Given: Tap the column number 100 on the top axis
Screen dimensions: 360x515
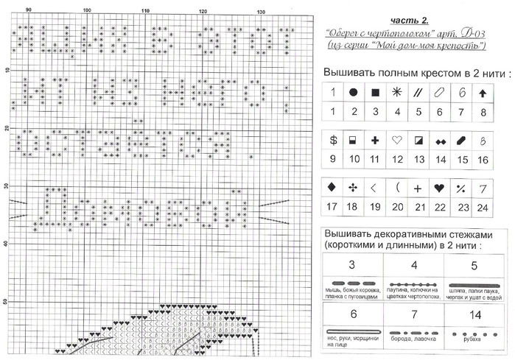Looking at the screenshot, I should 87,10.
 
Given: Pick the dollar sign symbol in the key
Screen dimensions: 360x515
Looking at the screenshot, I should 333,139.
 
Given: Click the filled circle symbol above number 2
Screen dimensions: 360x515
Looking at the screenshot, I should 354,93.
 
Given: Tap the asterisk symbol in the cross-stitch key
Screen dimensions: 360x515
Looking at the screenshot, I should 397,93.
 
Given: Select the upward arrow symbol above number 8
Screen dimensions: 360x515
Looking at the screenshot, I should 483,93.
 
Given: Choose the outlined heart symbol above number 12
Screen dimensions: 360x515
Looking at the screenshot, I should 397,139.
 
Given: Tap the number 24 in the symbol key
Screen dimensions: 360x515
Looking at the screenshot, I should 483,208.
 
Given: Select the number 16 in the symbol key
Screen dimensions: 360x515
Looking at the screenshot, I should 483,159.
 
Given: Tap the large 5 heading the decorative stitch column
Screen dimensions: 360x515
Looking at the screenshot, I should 474,265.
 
